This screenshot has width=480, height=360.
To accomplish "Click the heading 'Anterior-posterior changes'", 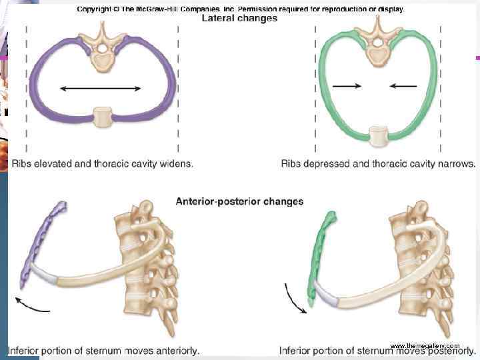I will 239,201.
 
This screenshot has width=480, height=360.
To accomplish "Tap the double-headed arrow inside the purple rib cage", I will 100,88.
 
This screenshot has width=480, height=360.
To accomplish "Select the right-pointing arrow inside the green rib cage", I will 347,85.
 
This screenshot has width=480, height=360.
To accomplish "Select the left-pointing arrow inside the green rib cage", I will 403,85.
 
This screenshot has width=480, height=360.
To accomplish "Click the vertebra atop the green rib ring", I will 377,47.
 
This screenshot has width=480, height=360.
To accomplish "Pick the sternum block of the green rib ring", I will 377,135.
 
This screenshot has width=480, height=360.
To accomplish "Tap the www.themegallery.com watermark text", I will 424,345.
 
